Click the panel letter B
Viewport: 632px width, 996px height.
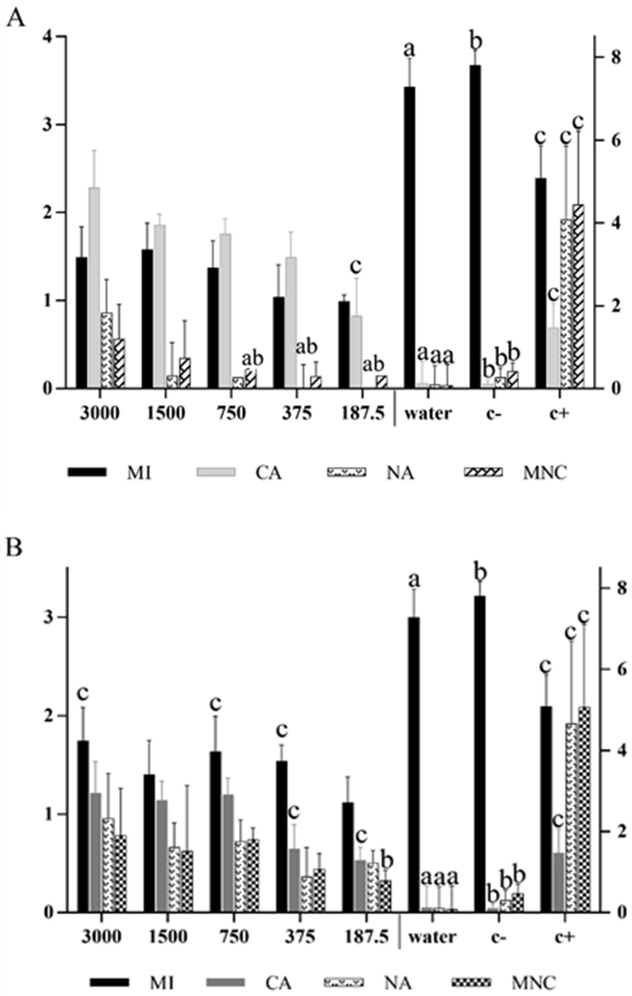(x=14, y=547)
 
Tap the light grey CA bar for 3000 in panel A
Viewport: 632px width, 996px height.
(x=94, y=287)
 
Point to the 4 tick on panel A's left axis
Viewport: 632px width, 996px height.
(x=46, y=37)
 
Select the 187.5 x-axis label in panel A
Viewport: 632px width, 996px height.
(x=362, y=413)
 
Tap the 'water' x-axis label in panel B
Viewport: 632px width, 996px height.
(x=432, y=937)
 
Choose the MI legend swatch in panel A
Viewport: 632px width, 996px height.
(x=87, y=472)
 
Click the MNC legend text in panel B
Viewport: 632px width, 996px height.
(x=534, y=982)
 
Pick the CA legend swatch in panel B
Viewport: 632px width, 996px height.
(x=225, y=982)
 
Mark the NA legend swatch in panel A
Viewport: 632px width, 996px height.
(x=346, y=472)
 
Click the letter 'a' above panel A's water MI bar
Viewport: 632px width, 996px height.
(x=409, y=49)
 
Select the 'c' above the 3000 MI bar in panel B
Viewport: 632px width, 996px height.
(x=83, y=693)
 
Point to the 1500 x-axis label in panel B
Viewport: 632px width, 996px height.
(x=168, y=937)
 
